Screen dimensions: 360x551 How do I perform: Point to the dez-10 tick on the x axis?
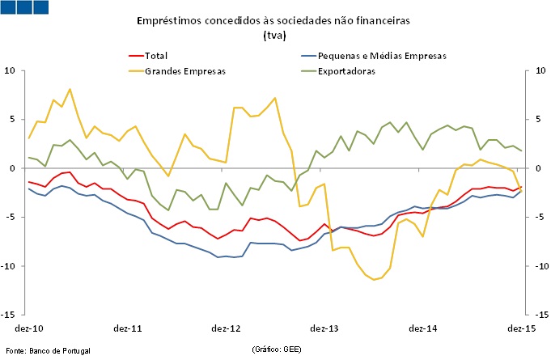point(28,328)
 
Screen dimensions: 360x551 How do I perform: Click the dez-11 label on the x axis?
point(127,328)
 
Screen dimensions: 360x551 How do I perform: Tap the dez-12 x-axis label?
point(226,328)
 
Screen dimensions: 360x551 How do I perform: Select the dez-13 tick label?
point(324,328)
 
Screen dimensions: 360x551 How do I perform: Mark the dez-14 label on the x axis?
point(422,328)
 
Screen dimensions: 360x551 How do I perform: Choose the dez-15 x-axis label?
point(520,328)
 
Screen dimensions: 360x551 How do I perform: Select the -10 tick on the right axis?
point(536,266)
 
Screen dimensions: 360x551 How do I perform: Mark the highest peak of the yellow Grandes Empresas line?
point(70,89)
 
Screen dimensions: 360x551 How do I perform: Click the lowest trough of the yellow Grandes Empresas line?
point(374,279)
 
